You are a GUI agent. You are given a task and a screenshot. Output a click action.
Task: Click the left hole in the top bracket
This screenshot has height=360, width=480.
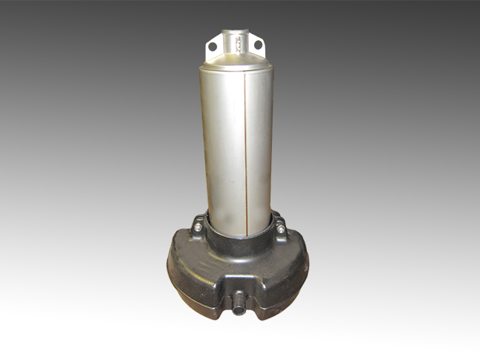(x=213, y=46)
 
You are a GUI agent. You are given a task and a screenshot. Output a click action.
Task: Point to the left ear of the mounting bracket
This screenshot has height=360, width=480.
(x=213, y=46)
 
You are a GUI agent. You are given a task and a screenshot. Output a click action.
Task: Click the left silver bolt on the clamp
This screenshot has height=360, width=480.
(x=199, y=230)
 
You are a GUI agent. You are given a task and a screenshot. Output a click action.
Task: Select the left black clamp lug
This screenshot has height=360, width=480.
(x=199, y=223)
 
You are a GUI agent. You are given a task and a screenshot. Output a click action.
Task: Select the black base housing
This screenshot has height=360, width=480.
(x=238, y=268)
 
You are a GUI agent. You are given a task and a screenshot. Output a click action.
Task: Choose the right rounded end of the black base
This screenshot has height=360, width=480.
(x=304, y=264)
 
